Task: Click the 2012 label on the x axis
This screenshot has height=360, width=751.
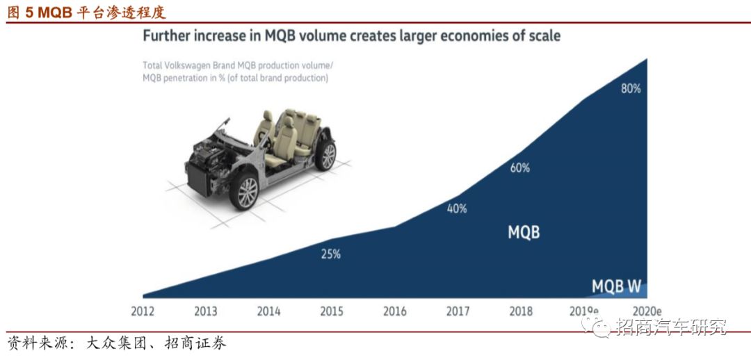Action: (x=143, y=311)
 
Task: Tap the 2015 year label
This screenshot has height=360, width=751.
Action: (x=331, y=311)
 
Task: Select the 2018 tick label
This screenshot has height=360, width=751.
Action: (x=520, y=311)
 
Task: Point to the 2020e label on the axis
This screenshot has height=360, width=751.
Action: (x=647, y=311)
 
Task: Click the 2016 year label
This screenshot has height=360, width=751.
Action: (x=394, y=311)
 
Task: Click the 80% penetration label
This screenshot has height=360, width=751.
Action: (x=631, y=89)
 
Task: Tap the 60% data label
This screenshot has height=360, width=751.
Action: (x=519, y=167)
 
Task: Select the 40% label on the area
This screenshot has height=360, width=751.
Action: (x=457, y=208)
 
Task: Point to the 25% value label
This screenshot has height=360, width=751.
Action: (x=330, y=254)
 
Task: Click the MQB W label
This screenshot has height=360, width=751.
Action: (x=616, y=286)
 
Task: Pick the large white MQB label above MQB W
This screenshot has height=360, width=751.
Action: (x=524, y=232)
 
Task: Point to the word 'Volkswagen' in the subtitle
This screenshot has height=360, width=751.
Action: (x=196, y=65)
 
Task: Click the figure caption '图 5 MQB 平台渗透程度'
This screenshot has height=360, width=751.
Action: (x=87, y=13)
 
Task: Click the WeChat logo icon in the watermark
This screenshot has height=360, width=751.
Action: (x=599, y=326)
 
